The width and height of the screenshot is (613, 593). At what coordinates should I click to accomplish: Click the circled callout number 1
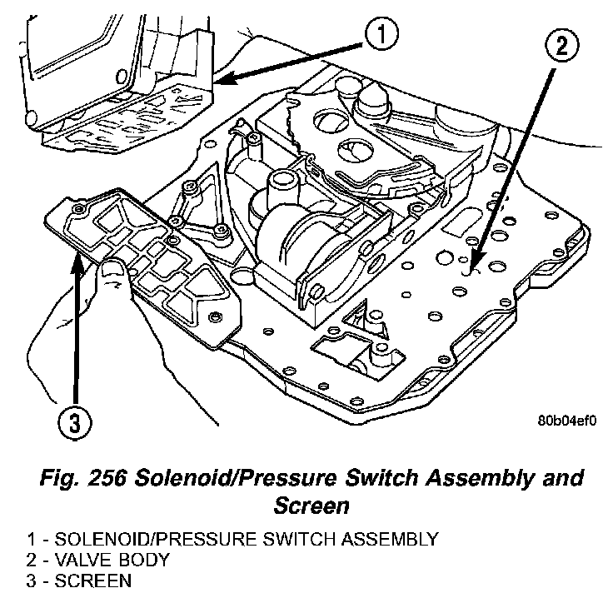pos(379,35)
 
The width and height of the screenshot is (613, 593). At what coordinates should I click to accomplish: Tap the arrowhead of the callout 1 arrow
pos(217,80)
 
